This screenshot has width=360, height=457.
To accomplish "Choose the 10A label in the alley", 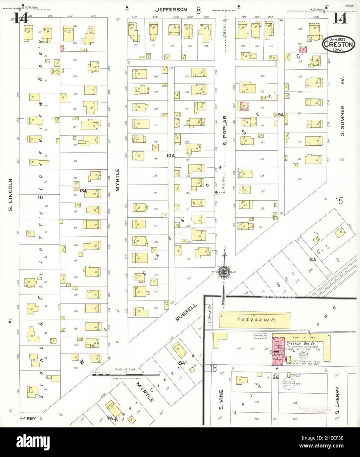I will (x=171, y=156).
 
